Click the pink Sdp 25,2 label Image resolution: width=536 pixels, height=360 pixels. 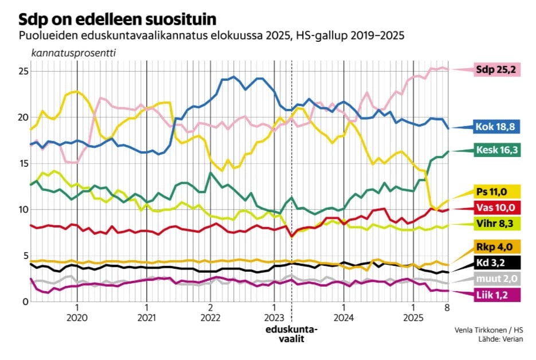click(495, 71)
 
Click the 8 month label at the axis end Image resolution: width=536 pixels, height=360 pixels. click(447, 307)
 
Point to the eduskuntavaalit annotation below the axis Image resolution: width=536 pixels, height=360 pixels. click(291, 334)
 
